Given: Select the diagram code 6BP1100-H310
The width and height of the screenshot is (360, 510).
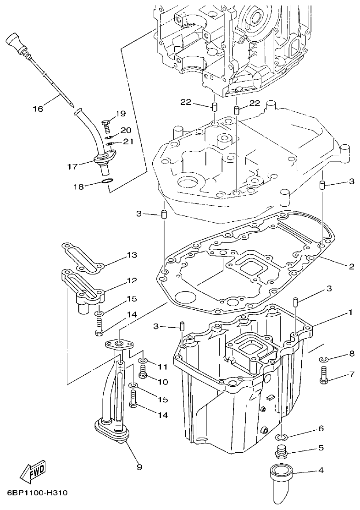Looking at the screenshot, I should (x=37, y=494).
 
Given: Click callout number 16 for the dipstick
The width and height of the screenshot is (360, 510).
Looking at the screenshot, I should (x=38, y=109).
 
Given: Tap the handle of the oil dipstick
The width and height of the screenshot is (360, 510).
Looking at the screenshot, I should (x=16, y=42).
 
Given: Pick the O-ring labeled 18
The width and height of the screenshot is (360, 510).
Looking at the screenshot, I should (x=106, y=183).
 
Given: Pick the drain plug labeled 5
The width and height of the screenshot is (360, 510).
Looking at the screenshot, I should (x=281, y=453).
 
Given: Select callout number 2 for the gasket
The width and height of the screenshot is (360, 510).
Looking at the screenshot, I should (x=352, y=266).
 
